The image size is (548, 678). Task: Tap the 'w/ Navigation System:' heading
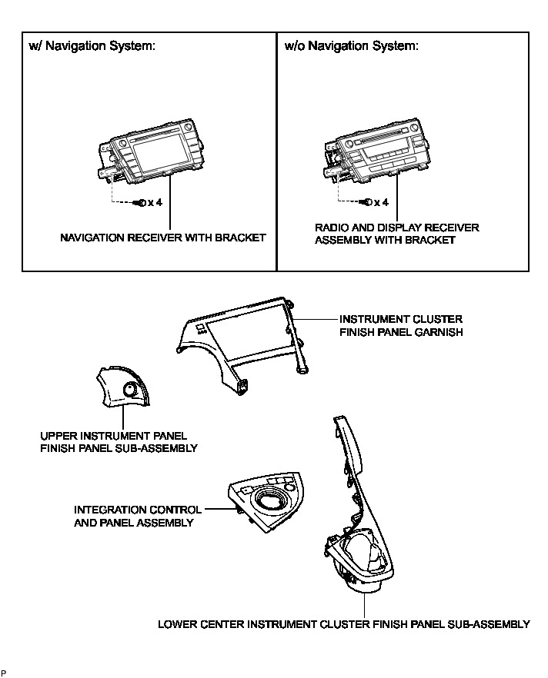pos(92,46)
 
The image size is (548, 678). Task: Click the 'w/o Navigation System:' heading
pos(352,46)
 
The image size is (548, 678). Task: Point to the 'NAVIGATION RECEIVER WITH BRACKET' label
pos(163,238)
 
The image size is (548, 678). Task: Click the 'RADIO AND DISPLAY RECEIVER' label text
pos(397,228)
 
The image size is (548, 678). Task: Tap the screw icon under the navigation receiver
pos(139,203)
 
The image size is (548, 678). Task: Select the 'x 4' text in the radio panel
pos(381,202)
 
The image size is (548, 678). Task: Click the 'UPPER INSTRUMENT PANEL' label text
pos(113,436)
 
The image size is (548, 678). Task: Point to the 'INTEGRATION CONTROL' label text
pos(138,510)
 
